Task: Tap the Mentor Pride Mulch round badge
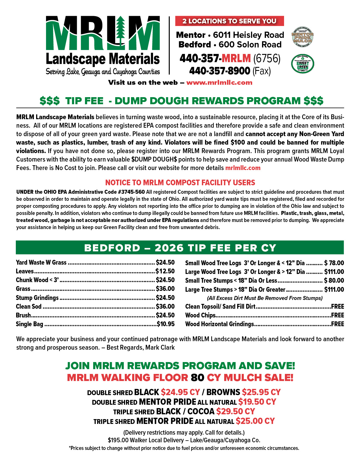(x=302, y=37)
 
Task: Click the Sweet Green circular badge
(x=302, y=64)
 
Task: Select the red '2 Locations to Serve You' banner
(x=229, y=21)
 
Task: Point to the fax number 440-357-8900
(x=220, y=71)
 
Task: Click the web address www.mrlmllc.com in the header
(x=219, y=82)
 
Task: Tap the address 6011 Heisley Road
(x=248, y=35)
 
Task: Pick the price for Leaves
(x=165, y=271)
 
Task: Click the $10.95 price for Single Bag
(x=166, y=324)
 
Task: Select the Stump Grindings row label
(x=37, y=298)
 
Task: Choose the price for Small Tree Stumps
(x=334, y=280)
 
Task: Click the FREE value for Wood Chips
(x=337, y=315)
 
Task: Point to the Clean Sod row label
(x=29, y=306)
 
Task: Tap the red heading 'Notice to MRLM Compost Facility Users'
(x=180, y=182)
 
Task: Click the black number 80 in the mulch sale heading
(x=197, y=377)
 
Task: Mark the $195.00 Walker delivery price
(x=118, y=440)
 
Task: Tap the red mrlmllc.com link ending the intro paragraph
(x=243, y=168)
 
